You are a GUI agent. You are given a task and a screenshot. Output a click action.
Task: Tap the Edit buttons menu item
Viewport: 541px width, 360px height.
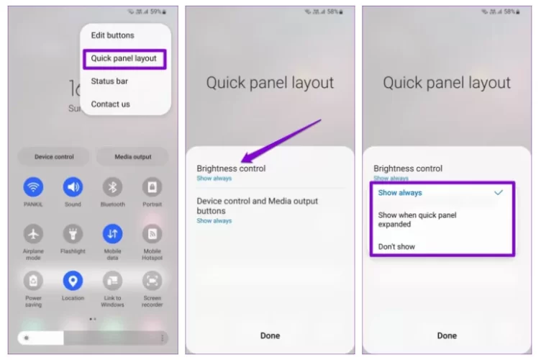click(x=112, y=35)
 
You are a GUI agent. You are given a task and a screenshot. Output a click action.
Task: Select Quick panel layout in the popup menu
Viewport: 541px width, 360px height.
click(x=124, y=58)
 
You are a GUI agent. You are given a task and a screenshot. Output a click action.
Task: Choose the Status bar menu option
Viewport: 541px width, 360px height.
click(x=109, y=81)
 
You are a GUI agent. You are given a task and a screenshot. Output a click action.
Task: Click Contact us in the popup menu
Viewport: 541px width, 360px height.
click(x=110, y=104)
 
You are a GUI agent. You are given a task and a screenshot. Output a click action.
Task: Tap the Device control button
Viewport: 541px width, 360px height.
click(x=54, y=157)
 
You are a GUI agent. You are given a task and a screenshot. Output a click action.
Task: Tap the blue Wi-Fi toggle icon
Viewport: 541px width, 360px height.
click(x=33, y=187)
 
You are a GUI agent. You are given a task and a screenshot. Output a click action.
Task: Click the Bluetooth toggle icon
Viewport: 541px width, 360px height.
click(x=112, y=187)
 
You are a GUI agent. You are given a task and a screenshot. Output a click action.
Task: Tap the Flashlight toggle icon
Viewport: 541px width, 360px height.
click(x=73, y=234)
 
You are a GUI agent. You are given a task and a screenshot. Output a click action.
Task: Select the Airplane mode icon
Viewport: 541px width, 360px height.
click(x=33, y=234)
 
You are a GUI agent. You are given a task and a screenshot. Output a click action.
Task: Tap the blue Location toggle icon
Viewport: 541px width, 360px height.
click(x=73, y=281)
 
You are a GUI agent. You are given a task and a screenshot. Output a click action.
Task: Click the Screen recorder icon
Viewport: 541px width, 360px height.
click(x=153, y=281)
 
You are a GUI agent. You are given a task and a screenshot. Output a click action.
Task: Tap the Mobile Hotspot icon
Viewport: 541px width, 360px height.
click(x=153, y=234)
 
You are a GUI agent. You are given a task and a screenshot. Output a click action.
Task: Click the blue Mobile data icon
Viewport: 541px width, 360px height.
click(x=112, y=234)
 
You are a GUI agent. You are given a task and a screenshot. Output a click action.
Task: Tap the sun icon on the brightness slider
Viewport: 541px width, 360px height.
click(x=27, y=338)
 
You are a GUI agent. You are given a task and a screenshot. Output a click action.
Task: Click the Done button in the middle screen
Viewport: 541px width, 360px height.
click(x=270, y=336)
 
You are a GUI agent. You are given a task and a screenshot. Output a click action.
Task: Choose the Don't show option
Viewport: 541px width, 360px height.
click(x=396, y=247)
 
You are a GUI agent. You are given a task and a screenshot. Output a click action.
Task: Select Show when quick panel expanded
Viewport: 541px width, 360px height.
click(x=417, y=220)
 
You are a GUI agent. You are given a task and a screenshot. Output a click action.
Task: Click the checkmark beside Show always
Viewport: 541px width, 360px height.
click(x=499, y=192)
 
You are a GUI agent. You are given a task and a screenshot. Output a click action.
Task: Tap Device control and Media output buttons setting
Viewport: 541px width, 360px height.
click(x=257, y=210)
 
